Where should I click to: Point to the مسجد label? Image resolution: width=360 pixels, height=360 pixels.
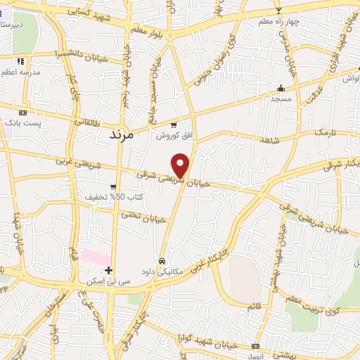(281, 100)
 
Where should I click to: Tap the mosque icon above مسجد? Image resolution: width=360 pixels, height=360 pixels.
(281, 89)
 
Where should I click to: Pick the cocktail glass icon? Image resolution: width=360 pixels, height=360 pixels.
(278, 11)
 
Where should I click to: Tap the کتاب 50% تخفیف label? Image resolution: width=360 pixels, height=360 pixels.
(113, 198)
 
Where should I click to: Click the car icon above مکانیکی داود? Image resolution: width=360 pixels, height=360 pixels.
(162, 259)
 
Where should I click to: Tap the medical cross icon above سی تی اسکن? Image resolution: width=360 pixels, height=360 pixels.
(108, 270)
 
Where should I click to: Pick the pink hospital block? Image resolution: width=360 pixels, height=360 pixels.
(96, 256)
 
